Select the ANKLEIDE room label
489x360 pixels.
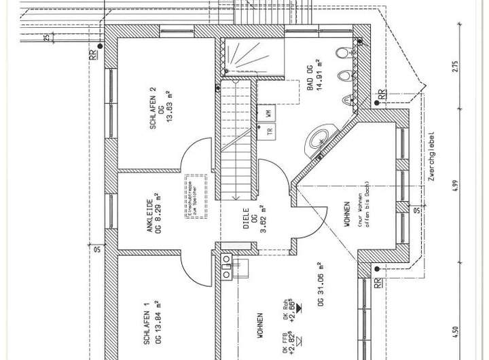[149, 216]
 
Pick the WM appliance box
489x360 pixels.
[269, 112]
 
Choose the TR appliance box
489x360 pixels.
[269, 132]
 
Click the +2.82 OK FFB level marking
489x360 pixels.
[291, 343]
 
